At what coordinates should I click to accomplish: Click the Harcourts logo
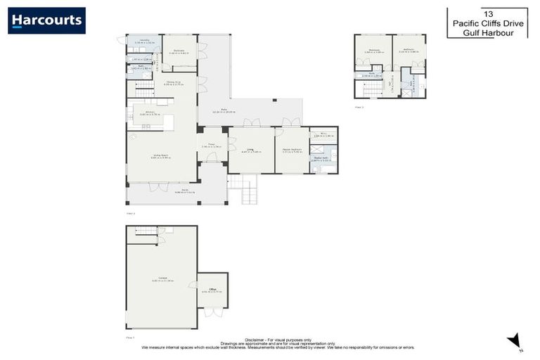click(46, 20)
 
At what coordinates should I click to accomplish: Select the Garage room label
click(161, 279)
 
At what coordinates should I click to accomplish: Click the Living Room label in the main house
click(160, 155)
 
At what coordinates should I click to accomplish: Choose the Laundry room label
click(144, 41)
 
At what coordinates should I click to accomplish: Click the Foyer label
click(212, 146)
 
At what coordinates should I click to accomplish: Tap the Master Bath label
click(321, 159)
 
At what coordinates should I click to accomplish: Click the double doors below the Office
click(213, 312)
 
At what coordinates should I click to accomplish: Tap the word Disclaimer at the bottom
click(255, 338)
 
